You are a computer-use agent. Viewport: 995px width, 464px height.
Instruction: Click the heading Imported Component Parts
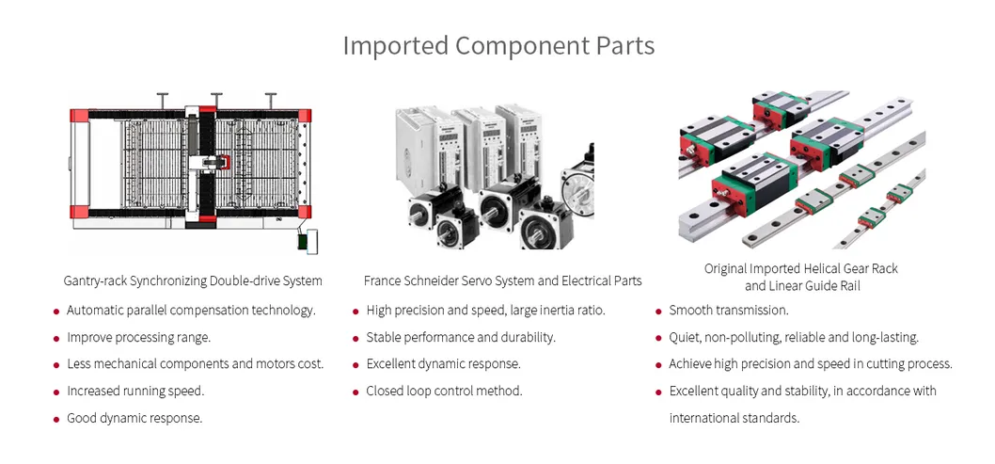point(497,45)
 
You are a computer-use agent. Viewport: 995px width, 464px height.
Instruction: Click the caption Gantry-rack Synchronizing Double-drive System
point(193,280)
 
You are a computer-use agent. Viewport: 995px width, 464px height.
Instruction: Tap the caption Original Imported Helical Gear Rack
point(800,268)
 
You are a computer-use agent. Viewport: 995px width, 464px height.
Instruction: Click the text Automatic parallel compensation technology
point(191,310)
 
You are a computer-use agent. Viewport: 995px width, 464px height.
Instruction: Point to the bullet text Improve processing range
point(138,337)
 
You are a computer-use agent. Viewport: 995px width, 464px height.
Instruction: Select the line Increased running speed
point(134,391)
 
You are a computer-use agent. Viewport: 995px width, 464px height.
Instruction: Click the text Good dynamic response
point(134,418)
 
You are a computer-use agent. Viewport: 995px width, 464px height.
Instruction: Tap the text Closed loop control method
point(444,391)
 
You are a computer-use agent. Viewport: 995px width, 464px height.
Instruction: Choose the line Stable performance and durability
point(461,337)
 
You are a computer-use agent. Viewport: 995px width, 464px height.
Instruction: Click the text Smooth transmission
point(728,310)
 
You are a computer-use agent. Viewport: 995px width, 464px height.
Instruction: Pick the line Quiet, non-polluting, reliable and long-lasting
point(794,337)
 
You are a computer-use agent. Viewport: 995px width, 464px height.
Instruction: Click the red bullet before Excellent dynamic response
point(355,365)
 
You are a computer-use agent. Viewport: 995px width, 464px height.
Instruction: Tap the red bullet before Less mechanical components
point(56,365)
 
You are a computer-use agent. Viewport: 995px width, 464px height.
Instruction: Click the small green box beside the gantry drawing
point(305,242)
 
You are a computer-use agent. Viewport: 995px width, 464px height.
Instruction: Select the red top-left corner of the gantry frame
point(79,115)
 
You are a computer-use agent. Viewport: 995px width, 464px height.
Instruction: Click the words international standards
point(734,418)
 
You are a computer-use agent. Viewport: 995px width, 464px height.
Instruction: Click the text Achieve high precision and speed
point(811,363)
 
